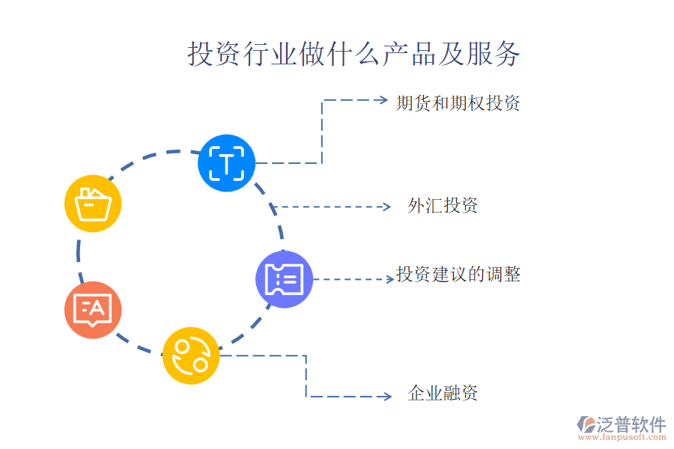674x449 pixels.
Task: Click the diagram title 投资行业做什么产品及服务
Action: [x=353, y=54]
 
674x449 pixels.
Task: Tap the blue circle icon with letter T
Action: [x=226, y=162]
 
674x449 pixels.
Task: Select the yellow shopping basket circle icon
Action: [x=94, y=204]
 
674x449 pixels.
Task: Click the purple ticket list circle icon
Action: [x=285, y=280]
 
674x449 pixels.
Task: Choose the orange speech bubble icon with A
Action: [x=93, y=310]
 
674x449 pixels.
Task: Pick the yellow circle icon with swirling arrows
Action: [x=191, y=355]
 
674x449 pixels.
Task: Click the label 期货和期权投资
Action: [x=458, y=103]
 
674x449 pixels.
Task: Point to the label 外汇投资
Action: [x=443, y=206]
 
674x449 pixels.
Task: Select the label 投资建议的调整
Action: [x=458, y=275]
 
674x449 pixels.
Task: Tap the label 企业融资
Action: [x=443, y=393]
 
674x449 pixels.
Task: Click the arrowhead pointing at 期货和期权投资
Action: [x=383, y=100]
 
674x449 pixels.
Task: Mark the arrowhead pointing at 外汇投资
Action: [x=386, y=207]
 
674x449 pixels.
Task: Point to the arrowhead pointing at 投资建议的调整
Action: [x=389, y=279]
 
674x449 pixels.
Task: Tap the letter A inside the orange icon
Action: [x=97, y=306]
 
